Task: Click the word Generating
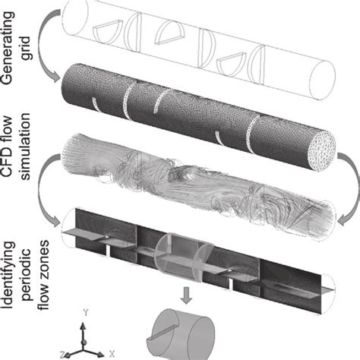click(x=8, y=48)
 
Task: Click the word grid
click(x=25, y=49)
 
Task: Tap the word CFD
click(x=7, y=163)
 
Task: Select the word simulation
click(x=25, y=146)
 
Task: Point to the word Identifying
click(x=8, y=275)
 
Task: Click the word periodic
click(x=27, y=276)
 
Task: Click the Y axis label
click(x=86, y=313)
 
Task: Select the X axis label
click(x=112, y=354)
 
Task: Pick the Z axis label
click(x=62, y=355)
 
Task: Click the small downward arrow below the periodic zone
click(x=187, y=295)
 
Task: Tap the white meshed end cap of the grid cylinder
click(x=321, y=151)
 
